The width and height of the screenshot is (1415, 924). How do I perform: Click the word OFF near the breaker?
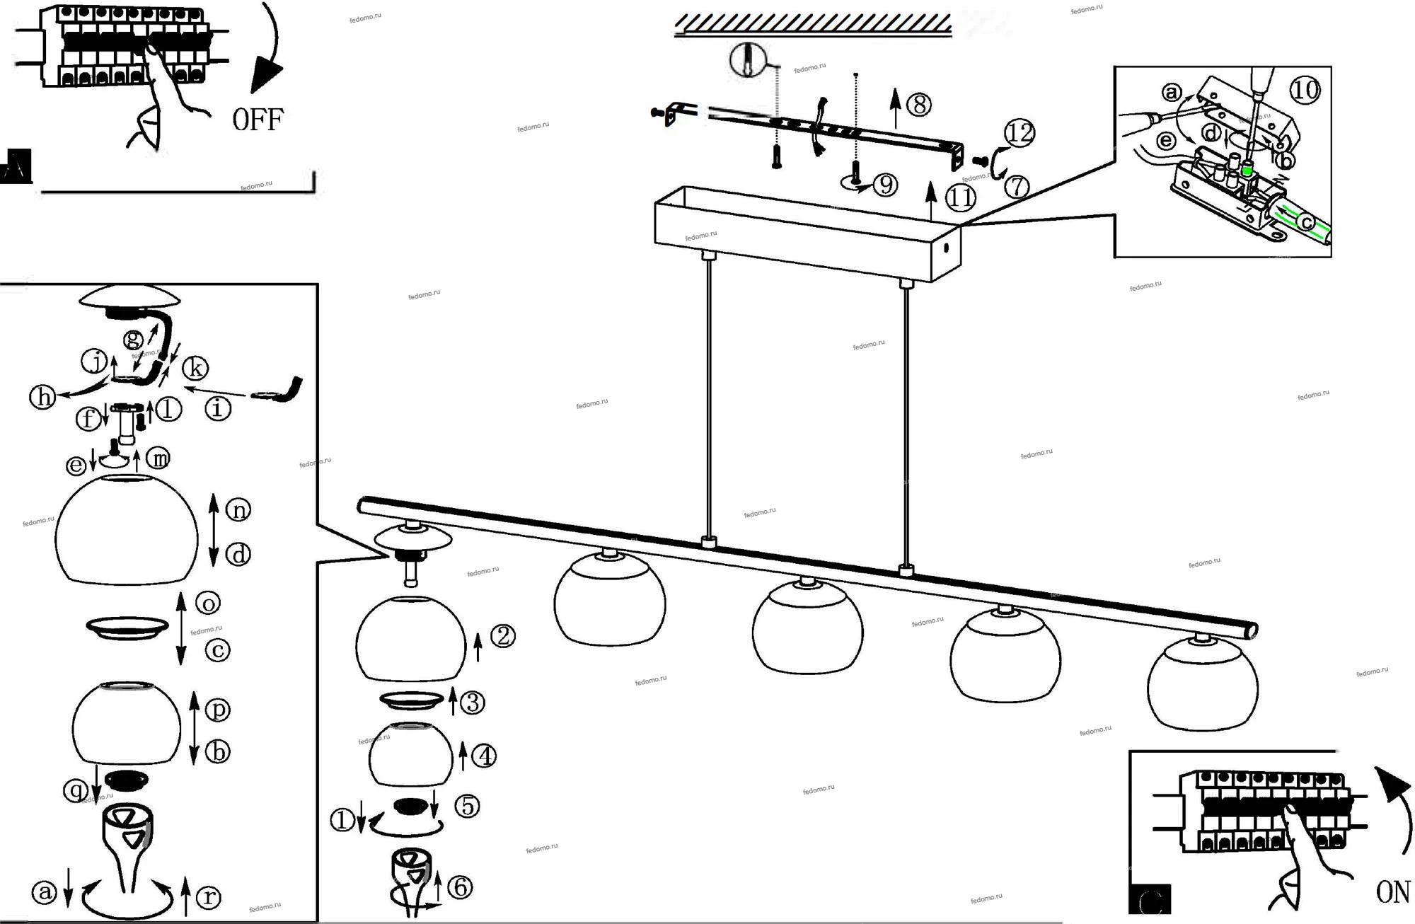coord(258,119)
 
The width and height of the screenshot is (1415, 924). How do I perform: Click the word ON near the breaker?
coord(1392,892)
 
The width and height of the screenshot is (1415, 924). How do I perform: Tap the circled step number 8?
coord(918,105)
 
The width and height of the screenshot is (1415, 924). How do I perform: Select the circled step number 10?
coord(1305,90)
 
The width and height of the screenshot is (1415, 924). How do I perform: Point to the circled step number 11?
coord(960,197)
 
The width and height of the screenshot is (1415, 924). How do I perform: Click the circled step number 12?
coord(1020,132)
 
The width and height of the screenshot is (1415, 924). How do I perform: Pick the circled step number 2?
coord(502,637)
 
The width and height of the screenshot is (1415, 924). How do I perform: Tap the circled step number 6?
coord(461,887)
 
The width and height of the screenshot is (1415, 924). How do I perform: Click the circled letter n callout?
coord(238,509)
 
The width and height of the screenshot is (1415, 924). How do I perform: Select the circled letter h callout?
coord(42,397)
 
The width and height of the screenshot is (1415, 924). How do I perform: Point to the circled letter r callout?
coord(208,897)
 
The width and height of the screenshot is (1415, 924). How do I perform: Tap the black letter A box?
coord(16,167)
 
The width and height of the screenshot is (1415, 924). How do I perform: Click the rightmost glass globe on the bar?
coord(1202,685)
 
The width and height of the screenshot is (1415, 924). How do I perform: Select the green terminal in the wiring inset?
coord(1247,171)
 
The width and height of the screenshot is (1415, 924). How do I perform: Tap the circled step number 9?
coord(885,185)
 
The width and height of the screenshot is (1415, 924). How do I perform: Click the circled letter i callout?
coord(218,408)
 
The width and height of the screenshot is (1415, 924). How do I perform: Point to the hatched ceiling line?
coord(813,25)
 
